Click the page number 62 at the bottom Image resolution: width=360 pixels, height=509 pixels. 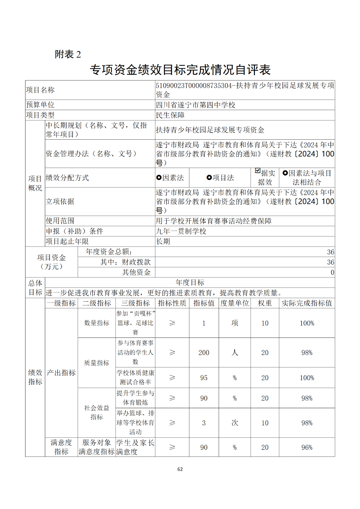pos(180,469)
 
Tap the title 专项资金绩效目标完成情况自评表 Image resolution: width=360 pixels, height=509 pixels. pos(180,70)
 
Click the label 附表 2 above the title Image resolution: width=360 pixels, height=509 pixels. pos(68,54)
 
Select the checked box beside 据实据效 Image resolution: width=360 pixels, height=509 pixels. pos(258,171)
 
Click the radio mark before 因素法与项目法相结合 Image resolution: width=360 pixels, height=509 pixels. pos(285,173)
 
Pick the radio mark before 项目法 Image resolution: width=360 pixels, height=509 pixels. pos(209,178)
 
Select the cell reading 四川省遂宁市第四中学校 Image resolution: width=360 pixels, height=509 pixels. pos(195,105)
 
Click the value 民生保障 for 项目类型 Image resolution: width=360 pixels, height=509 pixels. pos(170,115)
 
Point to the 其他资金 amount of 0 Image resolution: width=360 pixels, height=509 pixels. pos(332,272)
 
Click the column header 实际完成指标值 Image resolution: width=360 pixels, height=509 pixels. pos(307,303)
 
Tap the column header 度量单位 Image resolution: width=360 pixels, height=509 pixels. pos(235,303)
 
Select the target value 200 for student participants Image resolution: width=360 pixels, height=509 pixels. pos(204,352)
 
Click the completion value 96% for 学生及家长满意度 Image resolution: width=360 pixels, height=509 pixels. pos(307,447)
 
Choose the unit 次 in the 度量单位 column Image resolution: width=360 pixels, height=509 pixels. pos(235,423)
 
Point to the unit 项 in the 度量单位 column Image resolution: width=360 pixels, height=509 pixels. pos(235,323)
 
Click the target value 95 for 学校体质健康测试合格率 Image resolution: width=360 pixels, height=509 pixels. pos(204,378)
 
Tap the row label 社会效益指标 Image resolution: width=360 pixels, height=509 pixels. pos(96,412)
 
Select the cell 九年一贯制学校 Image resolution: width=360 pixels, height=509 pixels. pos(181,231)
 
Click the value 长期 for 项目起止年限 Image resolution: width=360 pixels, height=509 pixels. pos(163,241)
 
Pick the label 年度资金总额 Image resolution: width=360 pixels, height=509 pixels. pos(109,252)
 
